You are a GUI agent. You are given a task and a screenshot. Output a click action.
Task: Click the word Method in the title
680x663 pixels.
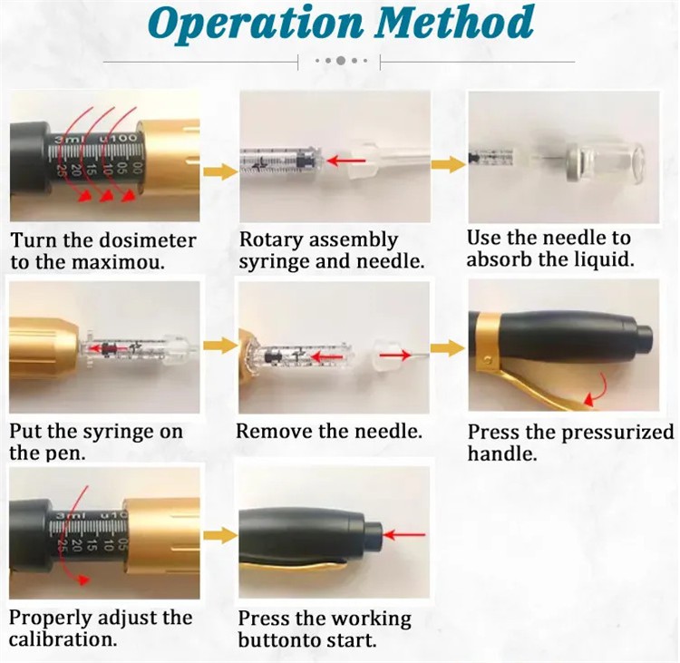(454, 21)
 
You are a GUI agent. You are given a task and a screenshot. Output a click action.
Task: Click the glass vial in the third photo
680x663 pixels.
(604, 163)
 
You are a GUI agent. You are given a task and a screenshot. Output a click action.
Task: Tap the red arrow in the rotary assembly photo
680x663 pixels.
(346, 161)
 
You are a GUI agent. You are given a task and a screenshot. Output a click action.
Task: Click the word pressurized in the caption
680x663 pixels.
(618, 433)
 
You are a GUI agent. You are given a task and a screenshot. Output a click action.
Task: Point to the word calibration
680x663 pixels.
(63, 639)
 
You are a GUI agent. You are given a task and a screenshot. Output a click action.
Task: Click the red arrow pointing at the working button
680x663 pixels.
(404, 534)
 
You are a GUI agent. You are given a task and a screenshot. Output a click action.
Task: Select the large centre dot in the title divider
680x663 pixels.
(341, 61)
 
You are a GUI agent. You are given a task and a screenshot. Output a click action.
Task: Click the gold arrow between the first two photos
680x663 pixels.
(220, 171)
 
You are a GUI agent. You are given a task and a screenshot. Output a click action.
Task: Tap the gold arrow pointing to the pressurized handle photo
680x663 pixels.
(448, 348)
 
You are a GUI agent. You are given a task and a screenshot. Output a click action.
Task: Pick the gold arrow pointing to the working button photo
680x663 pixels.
(220, 535)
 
